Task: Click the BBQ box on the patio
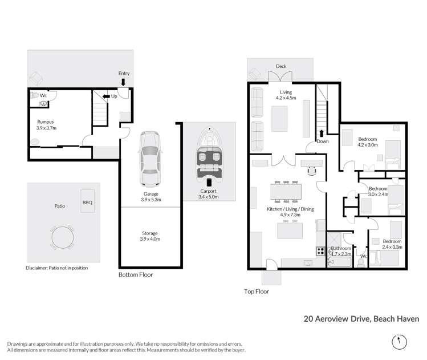point(87,202)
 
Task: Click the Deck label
point(280,67)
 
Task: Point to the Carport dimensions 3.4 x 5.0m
point(208,197)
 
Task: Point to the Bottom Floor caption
point(136,274)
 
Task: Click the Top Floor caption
point(256,291)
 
